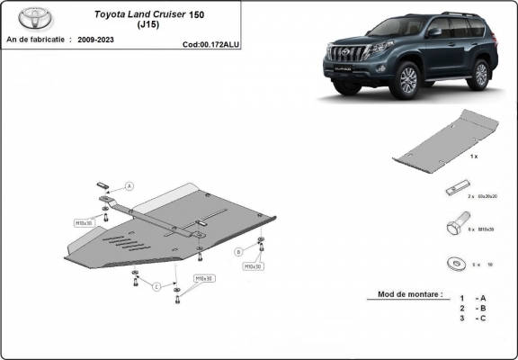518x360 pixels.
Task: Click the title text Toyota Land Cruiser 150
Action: pos(147,14)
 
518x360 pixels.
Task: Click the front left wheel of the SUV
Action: pos(406,81)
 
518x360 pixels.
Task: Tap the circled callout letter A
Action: pos(129,186)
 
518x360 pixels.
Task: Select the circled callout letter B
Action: pos(238,251)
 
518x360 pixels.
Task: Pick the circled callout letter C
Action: pos(156,286)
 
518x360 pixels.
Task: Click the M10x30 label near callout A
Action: pos(85,221)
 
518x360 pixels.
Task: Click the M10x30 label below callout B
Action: pos(252,266)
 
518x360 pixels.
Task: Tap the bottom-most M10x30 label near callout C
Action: pos(204,278)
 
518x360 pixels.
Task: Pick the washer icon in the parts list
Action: pos(454,264)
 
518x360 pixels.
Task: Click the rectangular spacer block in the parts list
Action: pos(456,190)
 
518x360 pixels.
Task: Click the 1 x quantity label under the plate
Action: pos(473,157)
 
